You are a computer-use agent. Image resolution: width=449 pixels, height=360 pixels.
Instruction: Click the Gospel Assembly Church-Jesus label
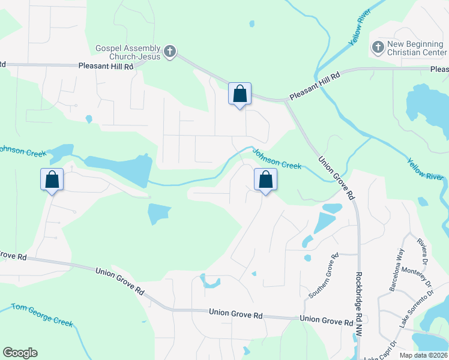[128, 52]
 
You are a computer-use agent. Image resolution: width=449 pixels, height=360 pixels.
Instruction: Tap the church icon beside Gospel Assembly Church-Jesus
[170, 52]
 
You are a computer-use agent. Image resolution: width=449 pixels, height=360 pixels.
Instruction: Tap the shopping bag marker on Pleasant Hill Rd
[240, 94]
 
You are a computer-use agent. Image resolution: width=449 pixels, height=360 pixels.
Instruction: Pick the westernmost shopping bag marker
[52, 179]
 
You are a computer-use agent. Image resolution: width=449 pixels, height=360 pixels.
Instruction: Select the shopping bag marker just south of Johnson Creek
[265, 179]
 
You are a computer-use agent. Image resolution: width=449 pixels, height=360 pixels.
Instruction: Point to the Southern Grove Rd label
[324, 276]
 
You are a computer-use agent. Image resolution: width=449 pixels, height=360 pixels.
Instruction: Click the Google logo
[20, 353]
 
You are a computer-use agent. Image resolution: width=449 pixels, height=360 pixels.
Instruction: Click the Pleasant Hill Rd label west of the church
[106, 67]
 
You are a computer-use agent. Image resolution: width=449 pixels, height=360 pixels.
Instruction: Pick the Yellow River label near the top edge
[358, 32]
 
